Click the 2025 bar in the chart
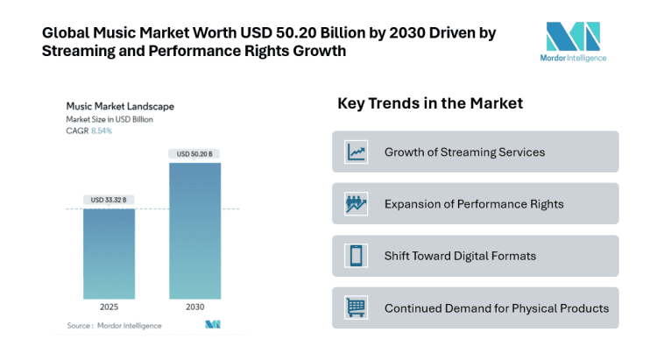click(x=109, y=254)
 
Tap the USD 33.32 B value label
click(x=109, y=200)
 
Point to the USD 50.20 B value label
click(x=194, y=154)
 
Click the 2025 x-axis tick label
click(x=109, y=308)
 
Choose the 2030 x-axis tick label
click(x=194, y=308)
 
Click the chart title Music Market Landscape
click(x=120, y=106)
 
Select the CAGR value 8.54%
click(x=102, y=131)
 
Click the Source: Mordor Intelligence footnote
click(x=114, y=326)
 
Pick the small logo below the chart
click(x=212, y=325)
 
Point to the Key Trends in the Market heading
click(x=430, y=103)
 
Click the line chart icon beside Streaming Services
click(x=356, y=152)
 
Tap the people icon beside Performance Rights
click(x=356, y=204)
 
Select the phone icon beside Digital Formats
click(x=356, y=256)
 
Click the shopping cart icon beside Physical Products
click(x=356, y=308)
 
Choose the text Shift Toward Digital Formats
click(x=460, y=256)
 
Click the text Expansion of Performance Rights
click(x=474, y=204)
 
